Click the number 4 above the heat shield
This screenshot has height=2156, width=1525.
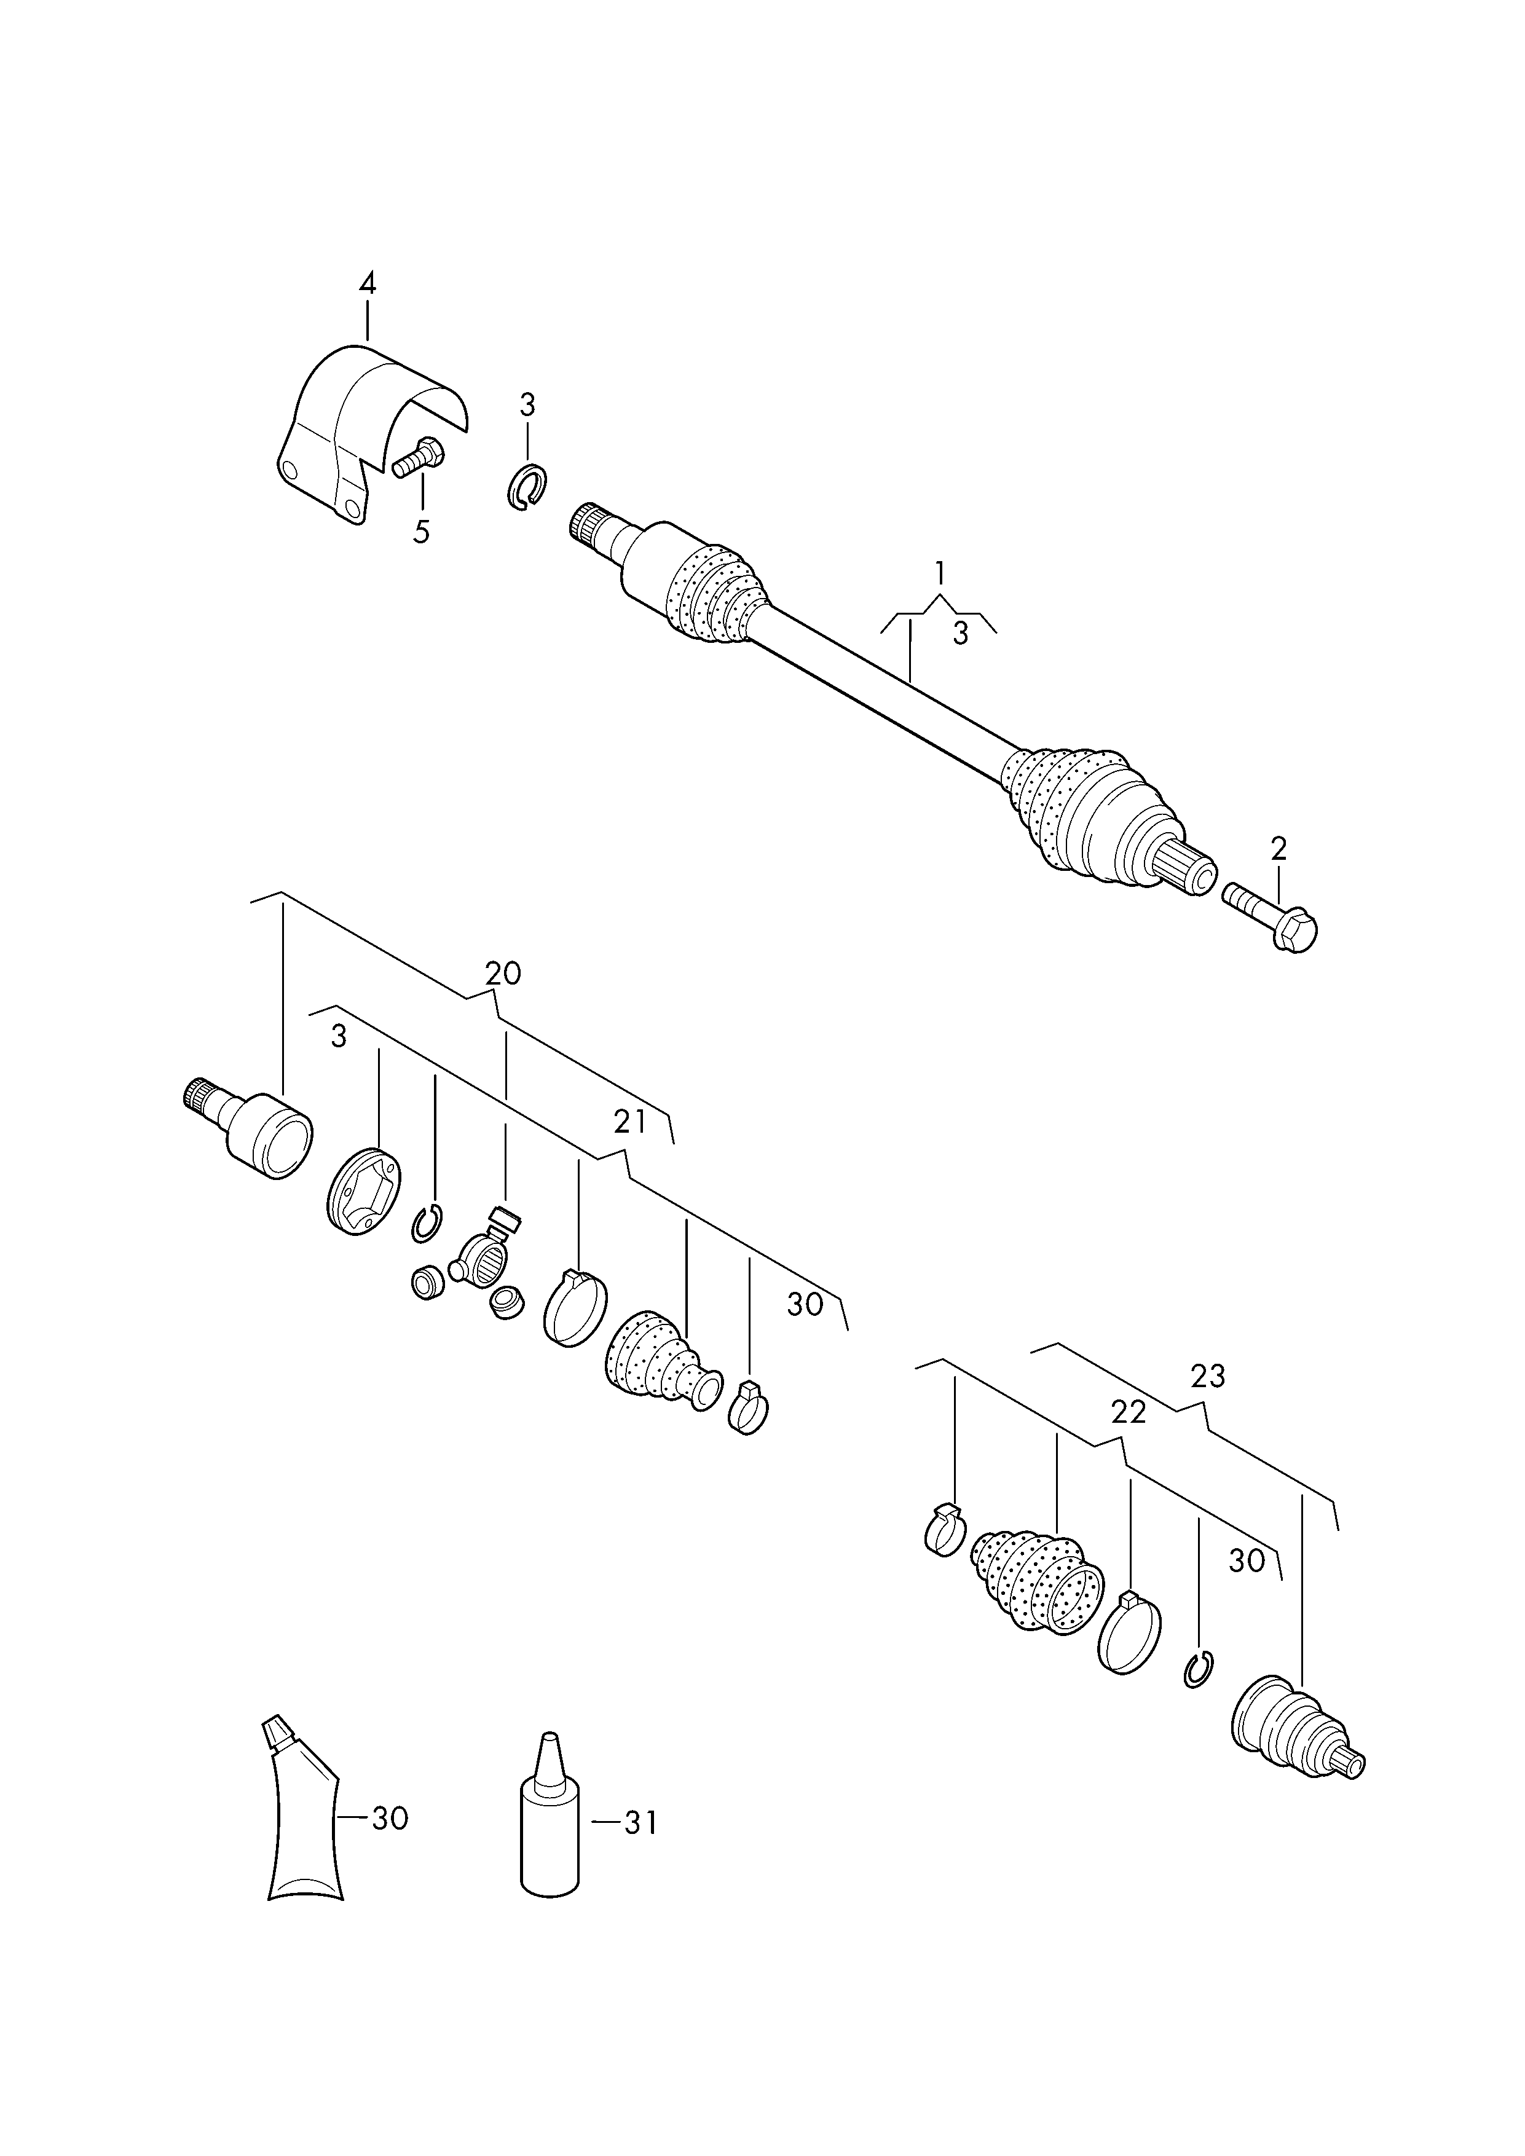tap(367, 283)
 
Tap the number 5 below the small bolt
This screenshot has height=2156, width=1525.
tap(422, 532)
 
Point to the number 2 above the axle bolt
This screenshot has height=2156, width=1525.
tap(1279, 849)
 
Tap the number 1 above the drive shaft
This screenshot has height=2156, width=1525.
tap(939, 573)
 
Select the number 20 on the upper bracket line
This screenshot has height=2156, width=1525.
tap(502, 974)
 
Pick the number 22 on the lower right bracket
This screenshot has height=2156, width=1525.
tap(1128, 1438)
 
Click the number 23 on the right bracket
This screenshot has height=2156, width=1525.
tap(1208, 1375)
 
